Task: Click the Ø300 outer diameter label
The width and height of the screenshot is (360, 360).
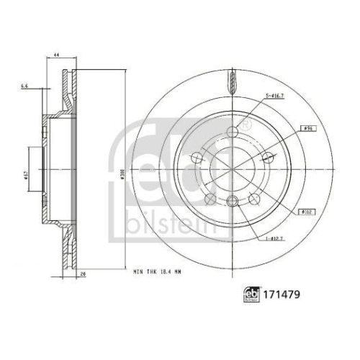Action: click(x=125, y=173)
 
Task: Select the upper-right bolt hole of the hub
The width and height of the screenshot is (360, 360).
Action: click(x=264, y=156)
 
